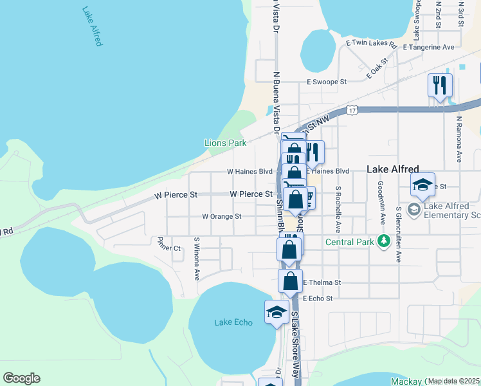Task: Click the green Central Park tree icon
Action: [384, 241]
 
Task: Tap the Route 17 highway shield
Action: [351, 111]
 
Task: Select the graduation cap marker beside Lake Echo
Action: [277, 313]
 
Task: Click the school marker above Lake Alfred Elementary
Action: [423, 185]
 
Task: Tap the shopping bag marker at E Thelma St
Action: [290, 280]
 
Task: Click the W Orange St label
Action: [221, 217]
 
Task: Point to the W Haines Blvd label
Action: [250, 172]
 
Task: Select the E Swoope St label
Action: [326, 82]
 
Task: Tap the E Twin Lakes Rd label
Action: [371, 43]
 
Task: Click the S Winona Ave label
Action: [197, 259]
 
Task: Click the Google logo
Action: [21, 378]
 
